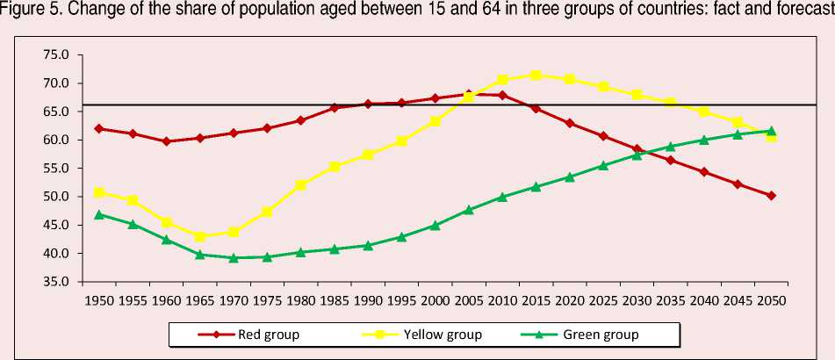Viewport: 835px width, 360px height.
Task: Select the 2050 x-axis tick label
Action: pyautogui.click(x=771, y=299)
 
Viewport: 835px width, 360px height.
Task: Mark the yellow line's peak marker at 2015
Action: pyautogui.click(x=536, y=76)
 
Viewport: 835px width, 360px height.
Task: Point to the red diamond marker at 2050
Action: pyautogui.click(x=771, y=196)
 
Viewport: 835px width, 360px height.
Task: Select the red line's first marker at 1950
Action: pyautogui.click(x=98, y=128)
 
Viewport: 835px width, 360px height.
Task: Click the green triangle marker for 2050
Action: pyautogui.click(x=771, y=131)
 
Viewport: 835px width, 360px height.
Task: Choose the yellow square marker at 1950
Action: pyautogui.click(x=98, y=192)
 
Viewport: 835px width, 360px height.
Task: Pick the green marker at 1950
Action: pyautogui.click(x=98, y=214)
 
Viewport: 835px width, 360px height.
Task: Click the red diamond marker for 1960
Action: pyautogui.click(x=166, y=140)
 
